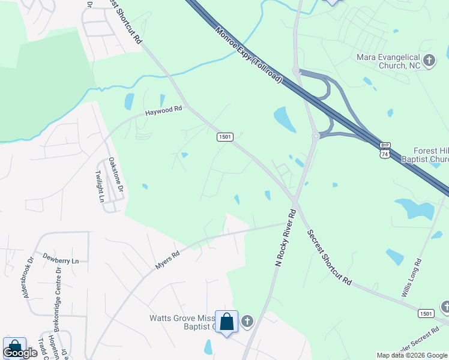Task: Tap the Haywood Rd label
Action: tap(163, 111)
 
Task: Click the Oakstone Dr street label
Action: tap(115, 175)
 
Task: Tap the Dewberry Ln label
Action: tap(61, 261)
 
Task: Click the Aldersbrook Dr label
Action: tap(27, 277)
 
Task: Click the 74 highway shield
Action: tap(384, 154)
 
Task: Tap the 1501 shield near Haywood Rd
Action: tap(224, 137)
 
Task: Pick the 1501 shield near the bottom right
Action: tap(426, 313)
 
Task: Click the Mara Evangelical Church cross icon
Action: tap(429, 60)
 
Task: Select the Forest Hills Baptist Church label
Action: tap(431, 155)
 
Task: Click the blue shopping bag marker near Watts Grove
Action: tap(227, 322)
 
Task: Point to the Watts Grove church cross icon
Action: tap(247, 322)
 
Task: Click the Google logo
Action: tap(20, 353)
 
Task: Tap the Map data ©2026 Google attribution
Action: tap(412, 355)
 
